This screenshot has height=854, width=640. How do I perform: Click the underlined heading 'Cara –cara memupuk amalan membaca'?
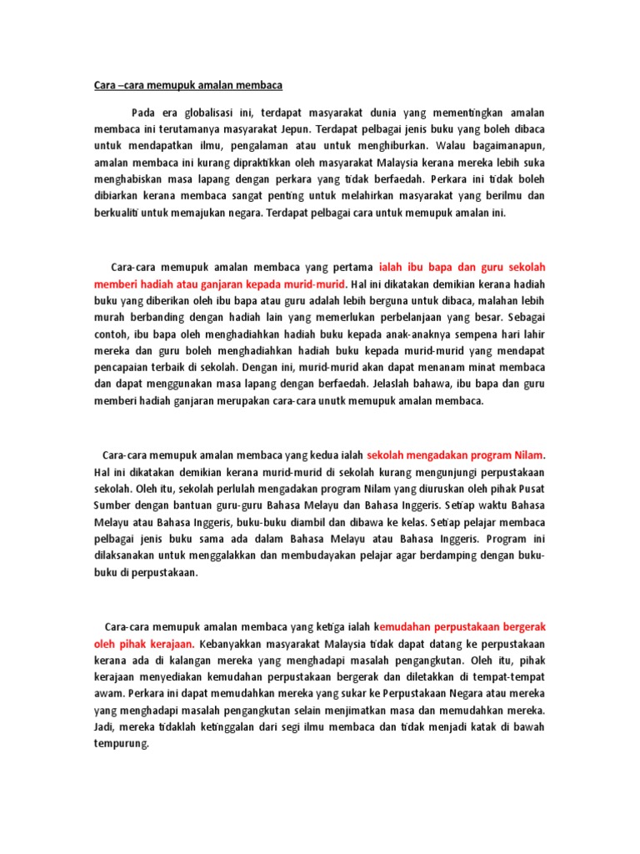[x=187, y=85]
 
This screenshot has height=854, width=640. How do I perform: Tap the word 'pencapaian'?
[x=122, y=367]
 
